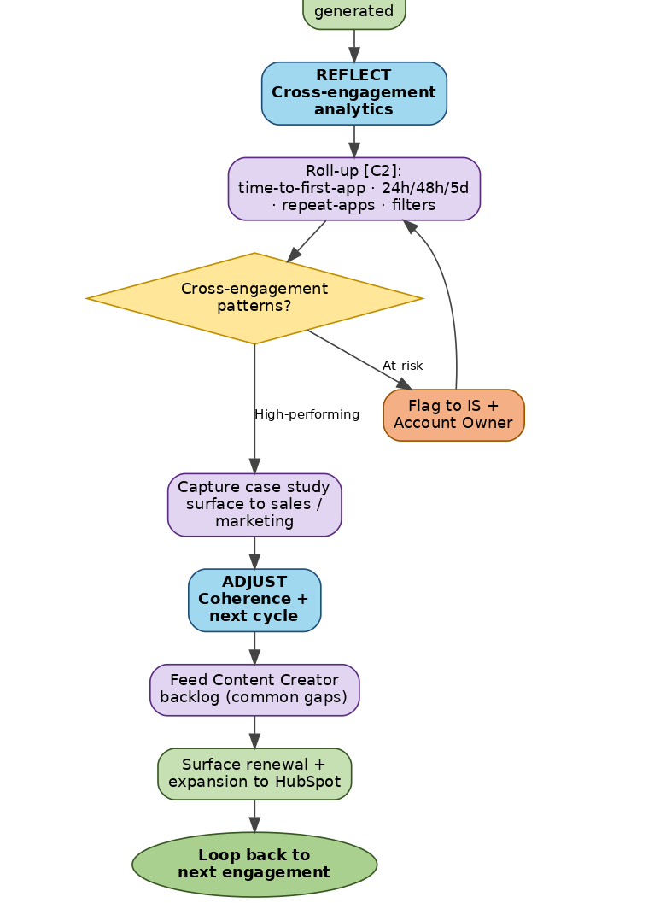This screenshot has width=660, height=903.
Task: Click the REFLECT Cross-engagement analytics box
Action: click(353, 93)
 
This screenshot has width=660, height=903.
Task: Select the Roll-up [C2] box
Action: click(353, 188)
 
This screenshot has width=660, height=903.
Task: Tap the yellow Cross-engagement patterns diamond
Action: click(254, 298)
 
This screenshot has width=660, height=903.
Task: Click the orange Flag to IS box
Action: click(453, 414)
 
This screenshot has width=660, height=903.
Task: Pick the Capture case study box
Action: click(254, 505)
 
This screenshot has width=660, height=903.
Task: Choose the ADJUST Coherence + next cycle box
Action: click(254, 600)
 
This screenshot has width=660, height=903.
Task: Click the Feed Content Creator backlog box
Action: click(254, 689)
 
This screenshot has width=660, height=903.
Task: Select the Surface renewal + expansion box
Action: click(254, 773)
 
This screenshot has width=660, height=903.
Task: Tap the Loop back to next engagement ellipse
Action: click(254, 864)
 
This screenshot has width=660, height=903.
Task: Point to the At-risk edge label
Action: click(403, 366)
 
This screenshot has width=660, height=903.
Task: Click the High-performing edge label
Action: click(307, 414)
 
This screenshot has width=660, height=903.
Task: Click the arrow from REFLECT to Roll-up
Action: click(353, 141)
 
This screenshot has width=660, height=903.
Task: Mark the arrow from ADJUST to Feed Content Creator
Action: click(254, 648)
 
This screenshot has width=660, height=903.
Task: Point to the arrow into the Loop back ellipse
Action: click(254, 816)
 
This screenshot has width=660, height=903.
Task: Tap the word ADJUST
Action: click(254, 582)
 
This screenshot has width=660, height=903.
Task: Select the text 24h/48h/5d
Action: click(425, 188)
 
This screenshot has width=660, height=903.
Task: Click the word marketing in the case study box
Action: click(254, 521)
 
